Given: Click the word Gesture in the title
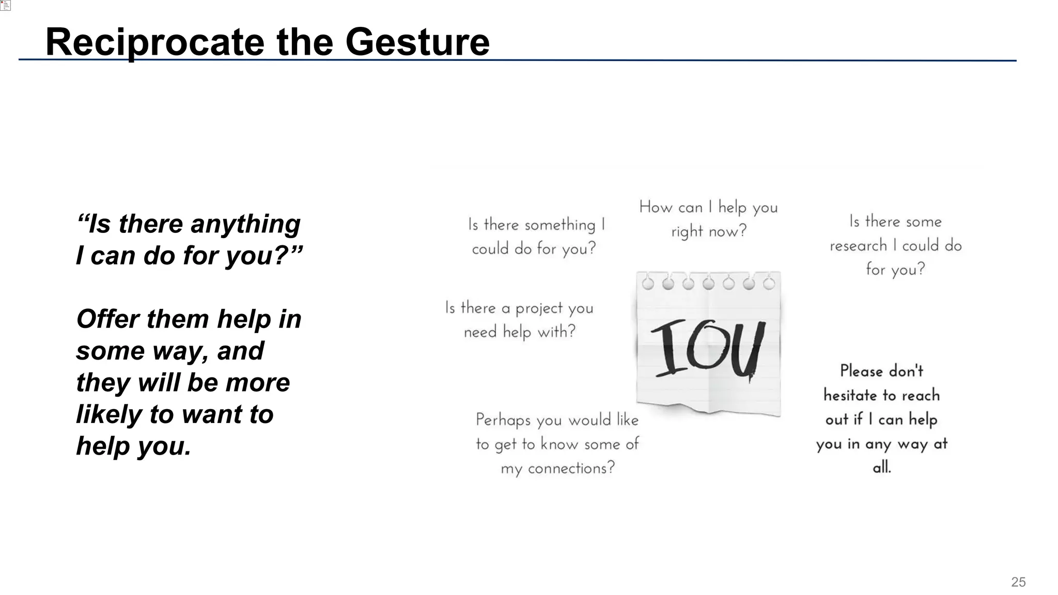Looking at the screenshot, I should tap(417, 42).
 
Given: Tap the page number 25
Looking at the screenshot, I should tap(1018, 582).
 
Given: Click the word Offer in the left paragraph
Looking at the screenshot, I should tap(108, 319).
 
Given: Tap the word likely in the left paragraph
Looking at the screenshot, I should tap(108, 415).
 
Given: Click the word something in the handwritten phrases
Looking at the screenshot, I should tap(560, 225).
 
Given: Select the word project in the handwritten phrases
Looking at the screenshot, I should tap(539, 309).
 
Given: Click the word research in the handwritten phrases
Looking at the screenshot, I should tap(858, 246).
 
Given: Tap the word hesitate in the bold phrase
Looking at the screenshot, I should tap(850, 396).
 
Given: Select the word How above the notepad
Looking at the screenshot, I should tap(655, 208).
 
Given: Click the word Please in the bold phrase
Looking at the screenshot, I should tap(861, 371).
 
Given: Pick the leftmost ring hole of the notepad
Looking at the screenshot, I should tap(648, 284).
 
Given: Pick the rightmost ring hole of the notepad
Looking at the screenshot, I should tap(769, 284).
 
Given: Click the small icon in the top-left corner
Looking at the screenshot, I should tap(6, 5).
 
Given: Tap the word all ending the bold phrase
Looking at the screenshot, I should tap(881, 468).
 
